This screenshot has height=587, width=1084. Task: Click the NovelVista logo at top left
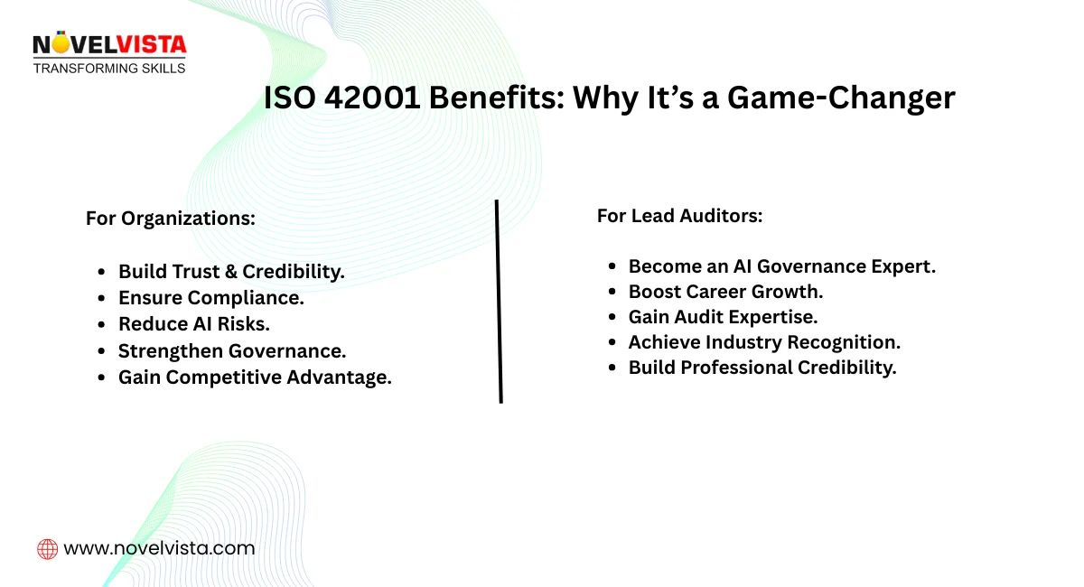pos(108,45)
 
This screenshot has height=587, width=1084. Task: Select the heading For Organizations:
pos(171,219)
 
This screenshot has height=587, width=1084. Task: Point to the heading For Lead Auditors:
pos(679,216)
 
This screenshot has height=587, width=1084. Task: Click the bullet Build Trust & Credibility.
pos(231,272)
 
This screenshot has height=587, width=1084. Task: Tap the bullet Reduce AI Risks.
pos(194,324)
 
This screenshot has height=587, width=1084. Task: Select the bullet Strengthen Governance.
pos(232,351)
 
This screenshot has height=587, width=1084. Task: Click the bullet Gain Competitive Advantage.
pos(255,377)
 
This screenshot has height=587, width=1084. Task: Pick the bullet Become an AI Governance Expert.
pos(782,266)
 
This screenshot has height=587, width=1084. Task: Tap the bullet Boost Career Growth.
pos(725,292)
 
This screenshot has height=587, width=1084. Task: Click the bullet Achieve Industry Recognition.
pos(764,342)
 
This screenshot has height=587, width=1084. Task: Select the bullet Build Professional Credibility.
pos(762,368)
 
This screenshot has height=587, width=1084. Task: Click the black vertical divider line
pos(499,301)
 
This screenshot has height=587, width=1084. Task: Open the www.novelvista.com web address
pos(159,548)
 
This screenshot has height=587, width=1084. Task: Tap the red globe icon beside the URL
pos(47,548)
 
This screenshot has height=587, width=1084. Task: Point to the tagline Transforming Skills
pos(109,68)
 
